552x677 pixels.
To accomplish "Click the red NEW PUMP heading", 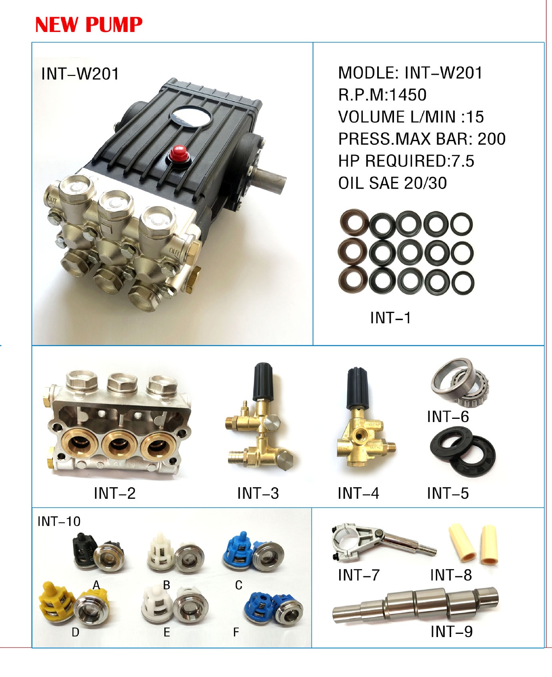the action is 89,24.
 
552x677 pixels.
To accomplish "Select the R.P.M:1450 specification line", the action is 382,95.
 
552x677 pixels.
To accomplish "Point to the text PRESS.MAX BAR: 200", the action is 422,139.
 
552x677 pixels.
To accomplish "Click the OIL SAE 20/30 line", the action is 392,183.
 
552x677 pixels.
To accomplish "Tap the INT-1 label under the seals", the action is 390,318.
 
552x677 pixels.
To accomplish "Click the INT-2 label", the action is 115,493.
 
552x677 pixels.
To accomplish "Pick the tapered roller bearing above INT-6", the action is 460,380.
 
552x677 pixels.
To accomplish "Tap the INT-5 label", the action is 448,493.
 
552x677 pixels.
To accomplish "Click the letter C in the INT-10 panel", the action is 239,585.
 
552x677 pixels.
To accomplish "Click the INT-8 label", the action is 451,575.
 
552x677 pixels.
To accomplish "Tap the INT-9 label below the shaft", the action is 452,631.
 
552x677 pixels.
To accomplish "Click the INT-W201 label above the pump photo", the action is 80,74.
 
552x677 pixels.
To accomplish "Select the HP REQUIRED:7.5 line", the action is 406,161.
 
